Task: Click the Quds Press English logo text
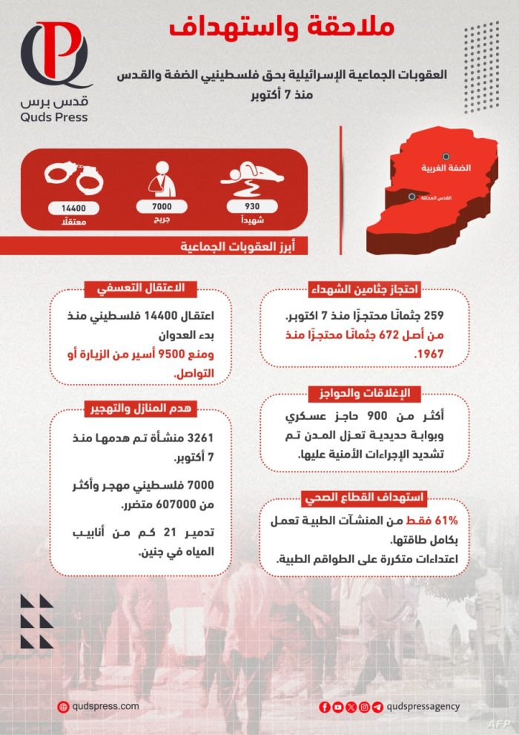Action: coord(55,116)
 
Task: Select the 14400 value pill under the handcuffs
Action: coord(73,208)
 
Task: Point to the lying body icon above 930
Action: coord(252,178)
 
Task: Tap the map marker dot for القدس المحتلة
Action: coord(412,197)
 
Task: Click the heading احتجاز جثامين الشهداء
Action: coord(366,289)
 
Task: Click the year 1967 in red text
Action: coord(429,354)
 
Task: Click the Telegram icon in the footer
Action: coord(378,707)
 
